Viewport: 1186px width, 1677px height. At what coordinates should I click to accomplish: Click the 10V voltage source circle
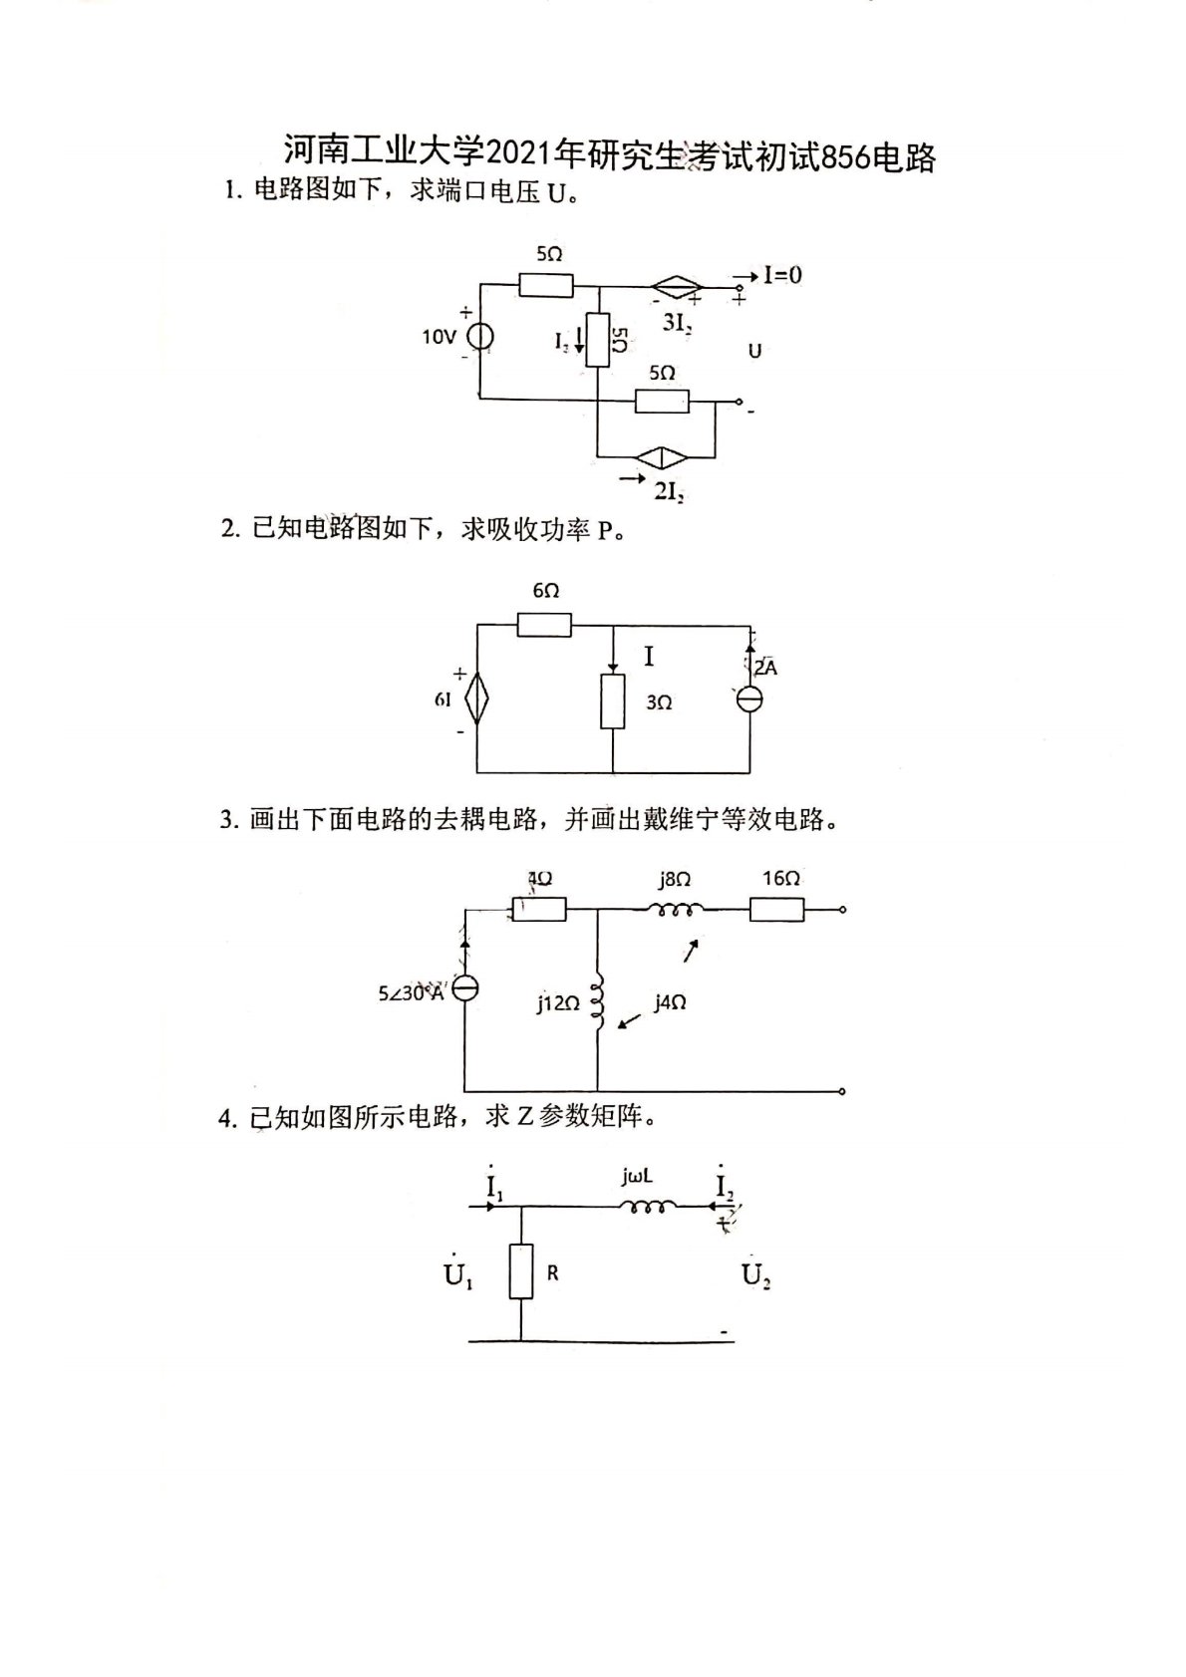coord(480,337)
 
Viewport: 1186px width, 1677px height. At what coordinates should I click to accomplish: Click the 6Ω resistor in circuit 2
coord(544,626)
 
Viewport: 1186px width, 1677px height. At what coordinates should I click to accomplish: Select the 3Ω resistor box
coord(612,701)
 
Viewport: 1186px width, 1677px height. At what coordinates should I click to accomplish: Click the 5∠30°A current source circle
coord(465,988)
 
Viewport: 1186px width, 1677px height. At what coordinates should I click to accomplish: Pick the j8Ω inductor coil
coord(676,909)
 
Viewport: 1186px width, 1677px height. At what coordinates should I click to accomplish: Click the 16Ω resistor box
coord(776,909)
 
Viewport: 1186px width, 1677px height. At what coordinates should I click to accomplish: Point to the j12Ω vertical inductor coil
coord(598,1000)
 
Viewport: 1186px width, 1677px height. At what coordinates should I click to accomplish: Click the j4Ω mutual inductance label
coord(670,1002)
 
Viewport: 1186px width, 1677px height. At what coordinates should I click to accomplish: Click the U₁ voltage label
coord(458,1273)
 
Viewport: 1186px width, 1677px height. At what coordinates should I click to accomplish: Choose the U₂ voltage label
coord(756,1274)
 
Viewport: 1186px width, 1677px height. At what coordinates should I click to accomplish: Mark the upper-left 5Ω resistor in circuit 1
coord(546,285)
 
